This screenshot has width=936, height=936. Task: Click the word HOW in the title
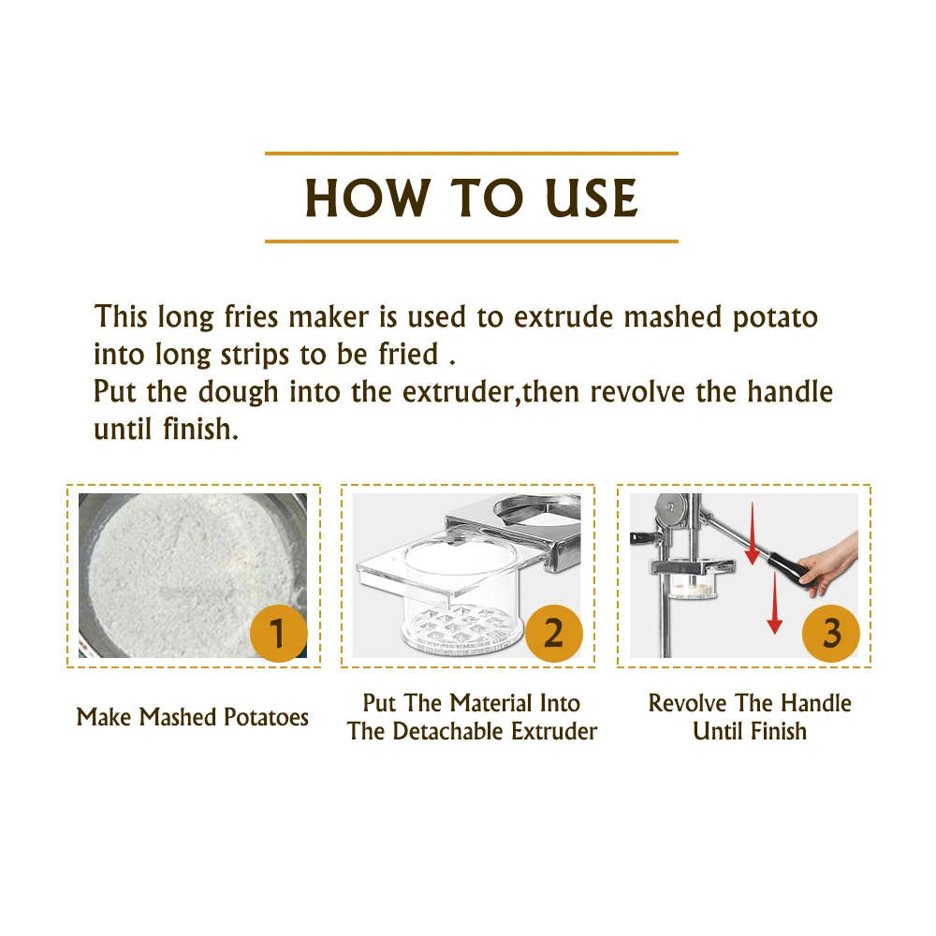(x=367, y=197)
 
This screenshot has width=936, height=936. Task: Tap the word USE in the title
(x=592, y=197)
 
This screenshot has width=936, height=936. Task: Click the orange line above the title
(x=472, y=154)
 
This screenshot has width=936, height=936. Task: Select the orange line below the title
(x=472, y=241)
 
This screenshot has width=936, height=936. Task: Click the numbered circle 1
(x=278, y=633)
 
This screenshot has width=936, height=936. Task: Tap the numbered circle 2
(x=554, y=633)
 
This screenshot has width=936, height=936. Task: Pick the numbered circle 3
(x=831, y=633)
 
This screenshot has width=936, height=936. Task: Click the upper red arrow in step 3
(x=753, y=533)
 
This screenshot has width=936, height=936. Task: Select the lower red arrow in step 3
(x=774, y=603)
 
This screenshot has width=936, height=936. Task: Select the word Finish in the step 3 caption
(x=779, y=731)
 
